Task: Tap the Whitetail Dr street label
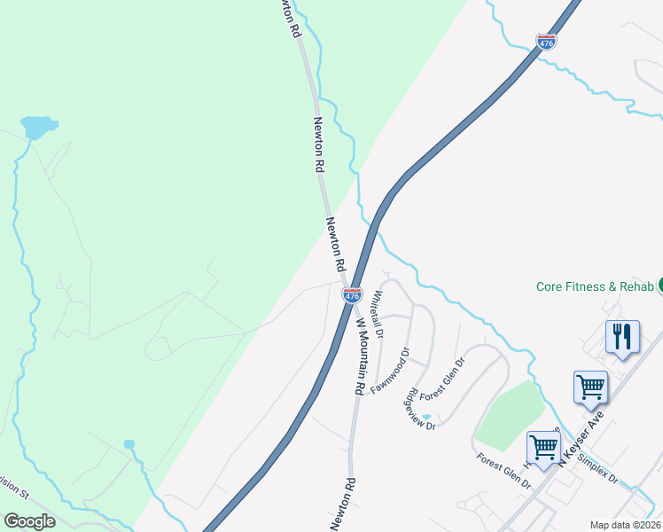378,315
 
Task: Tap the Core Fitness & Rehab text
595,286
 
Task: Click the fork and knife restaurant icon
622,336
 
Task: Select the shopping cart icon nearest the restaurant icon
590,386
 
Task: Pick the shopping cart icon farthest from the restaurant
542,445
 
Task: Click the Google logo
29,521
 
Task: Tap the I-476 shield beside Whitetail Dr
352,295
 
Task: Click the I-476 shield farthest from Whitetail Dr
546,42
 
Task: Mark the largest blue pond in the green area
39,128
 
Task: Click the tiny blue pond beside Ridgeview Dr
426,417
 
